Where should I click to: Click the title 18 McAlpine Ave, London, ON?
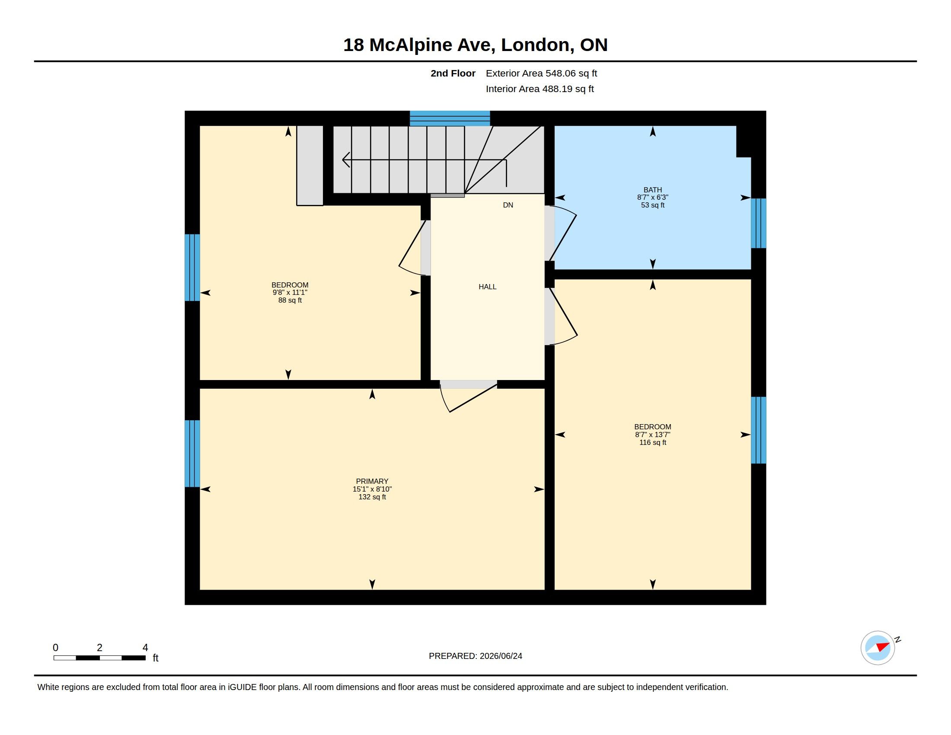click(475, 45)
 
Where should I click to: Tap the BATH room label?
click(652, 190)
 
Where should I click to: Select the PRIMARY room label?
click(372, 481)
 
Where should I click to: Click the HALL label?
click(487, 287)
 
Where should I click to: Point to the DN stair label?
click(508, 205)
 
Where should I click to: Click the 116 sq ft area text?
click(652, 442)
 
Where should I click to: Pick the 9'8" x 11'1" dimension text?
click(290, 293)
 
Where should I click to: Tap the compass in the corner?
click(878, 648)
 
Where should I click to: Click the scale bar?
click(99, 658)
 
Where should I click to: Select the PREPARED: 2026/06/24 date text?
click(475, 656)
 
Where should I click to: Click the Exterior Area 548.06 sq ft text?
click(541, 73)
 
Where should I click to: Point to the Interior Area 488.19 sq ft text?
click(539, 89)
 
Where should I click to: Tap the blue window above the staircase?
click(450, 118)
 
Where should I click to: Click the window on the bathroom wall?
click(758, 224)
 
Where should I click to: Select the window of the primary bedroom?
click(192, 453)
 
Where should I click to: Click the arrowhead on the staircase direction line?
click(346, 160)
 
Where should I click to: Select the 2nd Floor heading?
click(453, 73)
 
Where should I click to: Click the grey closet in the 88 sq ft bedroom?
click(310, 166)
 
